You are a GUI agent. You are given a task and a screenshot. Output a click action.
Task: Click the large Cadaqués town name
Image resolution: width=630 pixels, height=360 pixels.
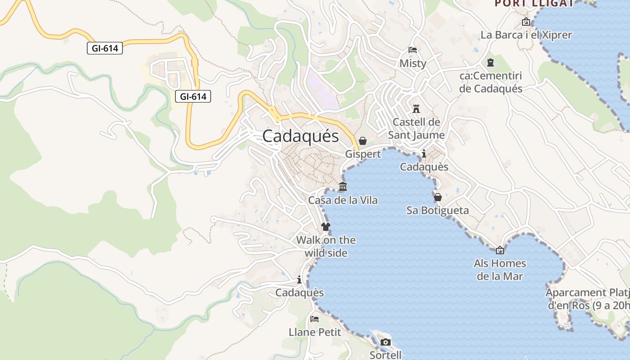300,136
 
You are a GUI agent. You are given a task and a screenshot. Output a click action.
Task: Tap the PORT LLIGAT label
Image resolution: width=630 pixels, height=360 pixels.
534,3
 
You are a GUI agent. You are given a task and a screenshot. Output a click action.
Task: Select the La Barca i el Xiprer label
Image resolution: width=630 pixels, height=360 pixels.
526,35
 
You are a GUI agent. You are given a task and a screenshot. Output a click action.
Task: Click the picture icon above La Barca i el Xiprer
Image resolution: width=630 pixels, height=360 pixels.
526,21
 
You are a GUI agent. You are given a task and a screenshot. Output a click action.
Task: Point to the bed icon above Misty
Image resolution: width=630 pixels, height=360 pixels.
412,50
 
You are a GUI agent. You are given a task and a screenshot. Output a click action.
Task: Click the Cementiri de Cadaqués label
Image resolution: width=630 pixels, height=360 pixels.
490,82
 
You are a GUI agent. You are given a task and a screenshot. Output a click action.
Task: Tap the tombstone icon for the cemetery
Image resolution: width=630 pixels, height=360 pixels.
490,63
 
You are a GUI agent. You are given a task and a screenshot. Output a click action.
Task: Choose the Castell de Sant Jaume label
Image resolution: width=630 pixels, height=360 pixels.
416,128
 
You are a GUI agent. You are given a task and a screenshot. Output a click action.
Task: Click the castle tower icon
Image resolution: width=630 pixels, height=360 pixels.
416,109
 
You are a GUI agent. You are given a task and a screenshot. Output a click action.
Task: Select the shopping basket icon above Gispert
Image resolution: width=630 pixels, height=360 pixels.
363,141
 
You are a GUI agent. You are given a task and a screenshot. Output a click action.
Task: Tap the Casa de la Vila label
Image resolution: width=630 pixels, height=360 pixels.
342,200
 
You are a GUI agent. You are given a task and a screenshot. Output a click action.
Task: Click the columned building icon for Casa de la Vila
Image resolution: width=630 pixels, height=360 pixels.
342,187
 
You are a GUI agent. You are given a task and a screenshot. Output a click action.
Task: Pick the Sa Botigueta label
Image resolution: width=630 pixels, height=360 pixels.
437,210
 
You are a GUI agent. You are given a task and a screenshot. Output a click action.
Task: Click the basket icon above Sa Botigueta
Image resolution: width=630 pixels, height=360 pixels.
437,197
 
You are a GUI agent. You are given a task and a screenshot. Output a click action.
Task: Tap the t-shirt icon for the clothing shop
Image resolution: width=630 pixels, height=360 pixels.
326,227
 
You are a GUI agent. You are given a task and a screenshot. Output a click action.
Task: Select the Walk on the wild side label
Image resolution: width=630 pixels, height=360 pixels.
326,247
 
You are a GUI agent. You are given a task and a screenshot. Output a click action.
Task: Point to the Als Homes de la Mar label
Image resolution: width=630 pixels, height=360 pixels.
499,270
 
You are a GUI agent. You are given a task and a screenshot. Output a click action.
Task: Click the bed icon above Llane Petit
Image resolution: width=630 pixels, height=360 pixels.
315,319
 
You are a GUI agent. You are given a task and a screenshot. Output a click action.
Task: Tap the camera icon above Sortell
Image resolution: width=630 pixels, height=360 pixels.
385,342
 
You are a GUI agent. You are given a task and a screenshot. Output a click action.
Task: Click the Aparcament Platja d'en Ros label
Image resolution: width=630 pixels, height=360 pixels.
587,299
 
